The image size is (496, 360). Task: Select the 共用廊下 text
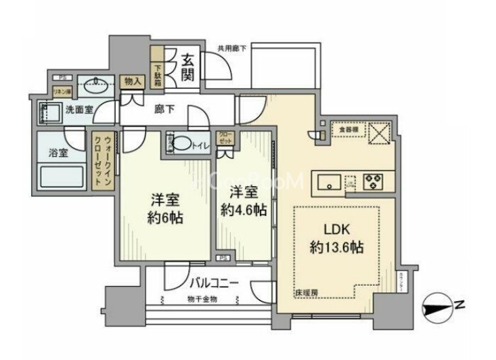[x=231, y=48]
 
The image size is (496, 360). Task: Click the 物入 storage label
[x=133, y=81]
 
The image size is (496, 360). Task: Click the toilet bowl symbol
[x=183, y=143]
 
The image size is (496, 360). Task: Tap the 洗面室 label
[x=79, y=110]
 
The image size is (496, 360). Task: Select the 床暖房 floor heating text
[x=305, y=293]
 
